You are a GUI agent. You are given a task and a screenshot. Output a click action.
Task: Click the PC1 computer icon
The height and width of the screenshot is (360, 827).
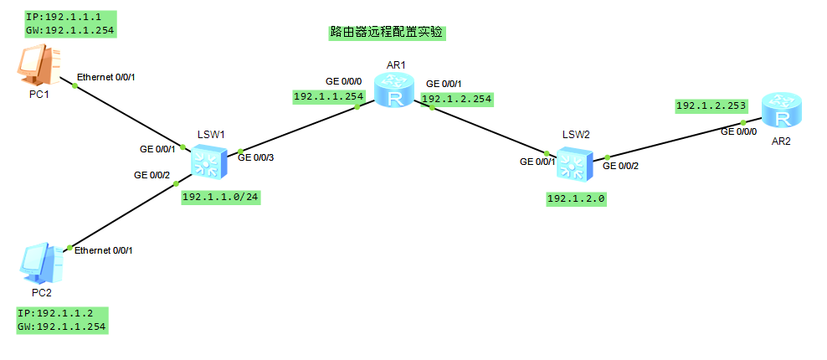(x=39, y=66)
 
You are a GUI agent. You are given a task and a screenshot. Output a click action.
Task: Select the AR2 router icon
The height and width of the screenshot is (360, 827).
(x=782, y=111)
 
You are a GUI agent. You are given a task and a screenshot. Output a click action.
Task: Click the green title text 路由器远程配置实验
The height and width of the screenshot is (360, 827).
(x=387, y=33)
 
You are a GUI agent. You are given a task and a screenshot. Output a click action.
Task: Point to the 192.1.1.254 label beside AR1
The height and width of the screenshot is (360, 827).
(x=329, y=97)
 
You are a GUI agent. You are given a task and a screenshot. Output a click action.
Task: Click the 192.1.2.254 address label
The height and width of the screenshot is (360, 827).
(x=457, y=99)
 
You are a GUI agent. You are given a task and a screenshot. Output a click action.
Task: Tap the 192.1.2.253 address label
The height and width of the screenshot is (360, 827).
(x=710, y=106)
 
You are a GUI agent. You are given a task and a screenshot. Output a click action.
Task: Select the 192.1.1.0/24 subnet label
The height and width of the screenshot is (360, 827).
(x=219, y=197)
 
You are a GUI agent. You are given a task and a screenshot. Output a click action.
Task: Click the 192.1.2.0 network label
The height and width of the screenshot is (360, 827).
(x=576, y=199)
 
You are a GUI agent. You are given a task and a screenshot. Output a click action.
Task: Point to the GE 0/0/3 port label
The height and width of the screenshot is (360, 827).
(x=255, y=156)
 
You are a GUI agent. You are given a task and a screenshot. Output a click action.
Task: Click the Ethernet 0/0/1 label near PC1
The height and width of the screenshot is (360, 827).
(x=105, y=77)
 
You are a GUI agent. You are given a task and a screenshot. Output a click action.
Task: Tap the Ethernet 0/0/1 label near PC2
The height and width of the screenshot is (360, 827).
(x=104, y=250)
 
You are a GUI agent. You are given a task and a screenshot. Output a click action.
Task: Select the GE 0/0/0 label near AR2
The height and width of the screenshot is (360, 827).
(x=739, y=131)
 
